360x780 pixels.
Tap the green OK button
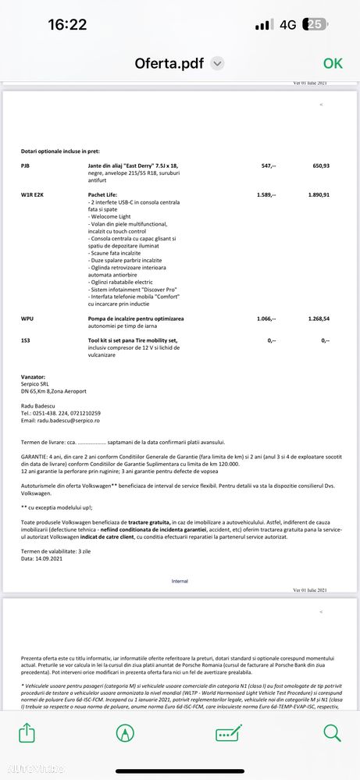(333, 63)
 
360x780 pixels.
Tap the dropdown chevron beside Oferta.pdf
(218, 63)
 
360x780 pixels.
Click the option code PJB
(26, 166)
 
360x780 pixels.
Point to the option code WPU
(27, 319)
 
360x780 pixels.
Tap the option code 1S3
(26, 340)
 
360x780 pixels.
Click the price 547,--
(268, 166)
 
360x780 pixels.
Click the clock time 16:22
(67, 24)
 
